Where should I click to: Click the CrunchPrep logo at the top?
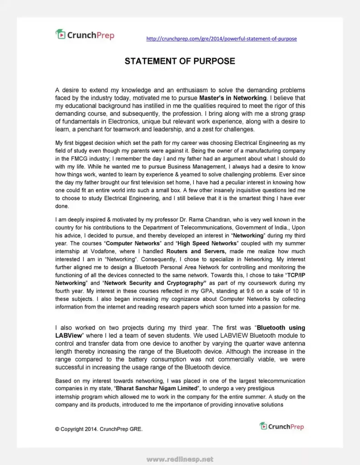click(x=85, y=35)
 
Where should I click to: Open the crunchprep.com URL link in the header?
click(x=222, y=39)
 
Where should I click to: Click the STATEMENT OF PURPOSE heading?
click(x=180, y=61)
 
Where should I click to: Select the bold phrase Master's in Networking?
click(x=233, y=98)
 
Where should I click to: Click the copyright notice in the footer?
click(x=99, y=429)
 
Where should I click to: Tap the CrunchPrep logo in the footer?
click(x=282, y=426)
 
